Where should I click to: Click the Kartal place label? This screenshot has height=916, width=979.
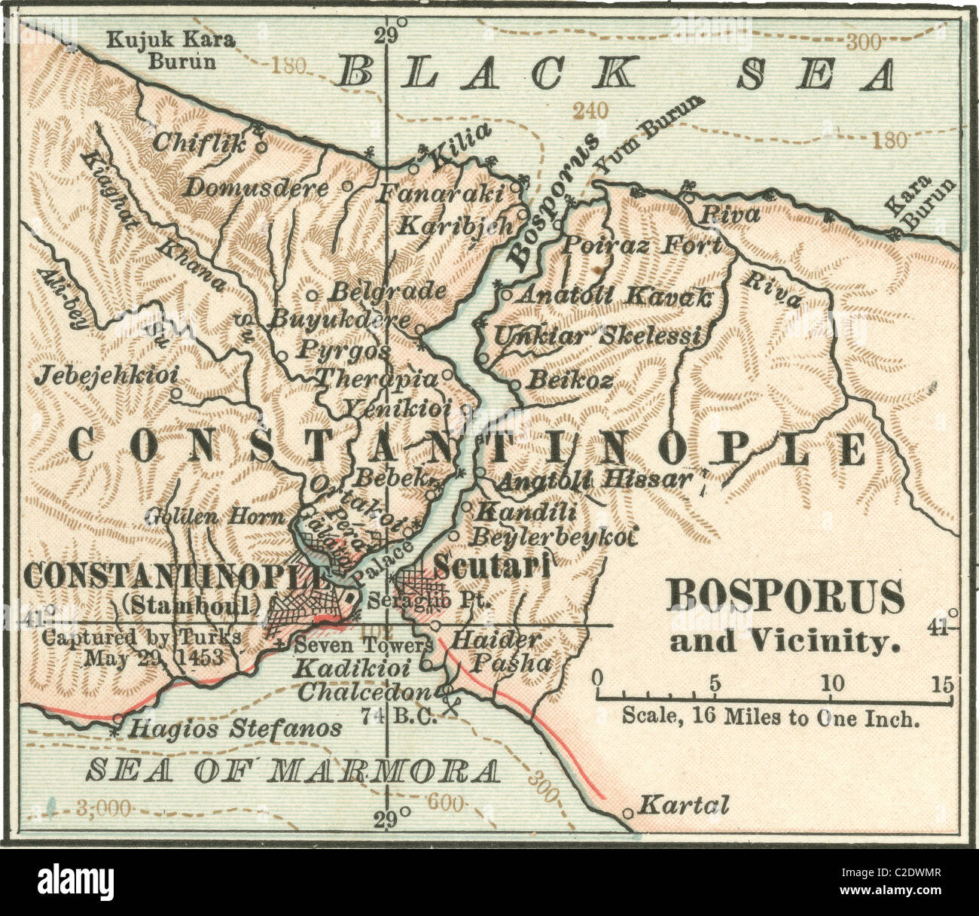click(x=684, y=806)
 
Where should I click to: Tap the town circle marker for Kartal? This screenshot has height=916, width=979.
click(x=629, y=813)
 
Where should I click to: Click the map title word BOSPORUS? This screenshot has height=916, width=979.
click(x=785, y=598)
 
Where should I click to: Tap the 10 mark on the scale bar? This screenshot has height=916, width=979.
click(x=832, y=683)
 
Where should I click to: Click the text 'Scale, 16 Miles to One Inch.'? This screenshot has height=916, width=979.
click(x=770, y=717)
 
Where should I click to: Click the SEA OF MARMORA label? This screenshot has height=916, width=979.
click(x=292, y=771)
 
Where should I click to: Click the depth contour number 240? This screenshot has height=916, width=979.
click(x=590, y=111)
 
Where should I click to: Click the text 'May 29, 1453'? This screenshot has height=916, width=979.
click(x=154, y=656)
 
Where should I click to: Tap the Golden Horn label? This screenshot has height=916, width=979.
click(x=215, y=516)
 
